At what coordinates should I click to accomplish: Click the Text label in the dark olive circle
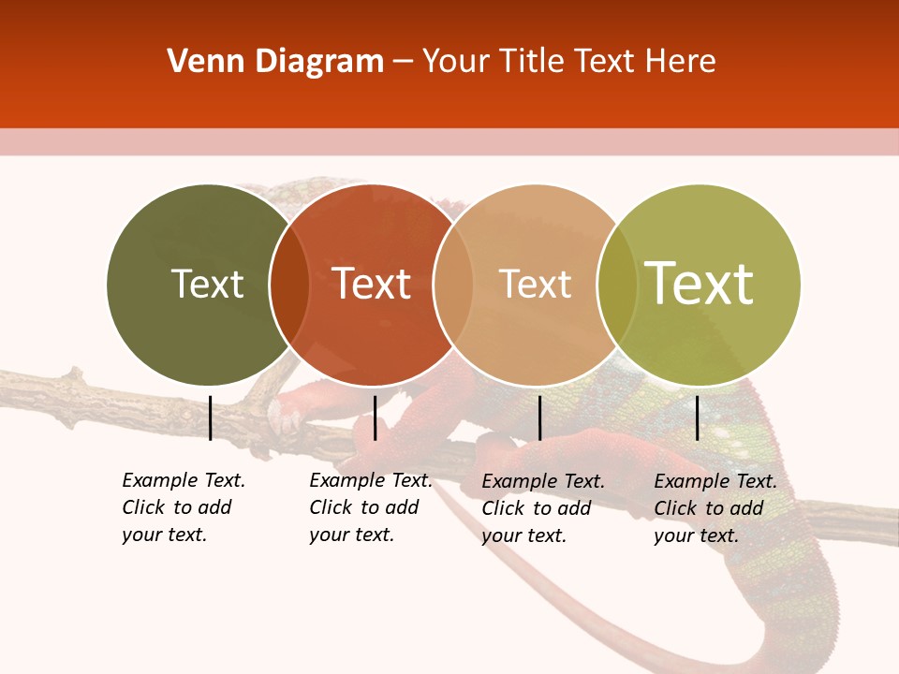[x=207, y=284]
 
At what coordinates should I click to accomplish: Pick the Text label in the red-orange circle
[x=372, y=284]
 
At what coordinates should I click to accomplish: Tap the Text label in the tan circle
[x=535, y=284]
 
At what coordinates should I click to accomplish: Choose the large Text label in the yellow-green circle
[x=700, y=284]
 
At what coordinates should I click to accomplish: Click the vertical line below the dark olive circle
[x=210, y=418]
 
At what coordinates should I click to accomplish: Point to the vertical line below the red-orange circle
[x=375, y=418]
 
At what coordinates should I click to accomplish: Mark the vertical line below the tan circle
[x=539, y=418]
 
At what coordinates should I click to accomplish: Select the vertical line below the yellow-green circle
[x=697, y=418]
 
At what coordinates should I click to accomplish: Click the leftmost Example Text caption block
[x=183, y=507]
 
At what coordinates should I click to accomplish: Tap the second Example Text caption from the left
[x=370, y=507]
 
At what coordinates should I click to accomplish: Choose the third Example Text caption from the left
[x=543, y=508]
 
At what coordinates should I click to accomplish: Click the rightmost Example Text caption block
[x=715, y=508]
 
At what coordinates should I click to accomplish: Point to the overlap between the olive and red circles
[x=289, y=285]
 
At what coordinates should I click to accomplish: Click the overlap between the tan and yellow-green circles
[x=616, y=285]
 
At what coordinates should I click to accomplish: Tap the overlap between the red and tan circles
[x=452, y=285]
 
